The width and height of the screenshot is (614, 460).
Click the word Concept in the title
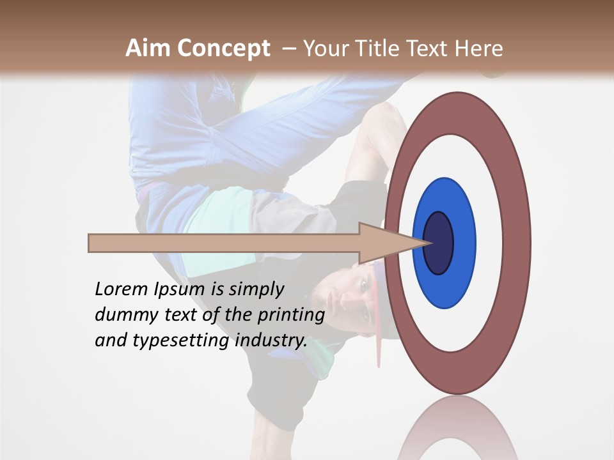coord(224,49)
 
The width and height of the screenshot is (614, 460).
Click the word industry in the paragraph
coord(271,340)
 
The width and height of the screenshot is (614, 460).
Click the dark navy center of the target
coord(439,243)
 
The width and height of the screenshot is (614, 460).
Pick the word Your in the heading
coord(326,49)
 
